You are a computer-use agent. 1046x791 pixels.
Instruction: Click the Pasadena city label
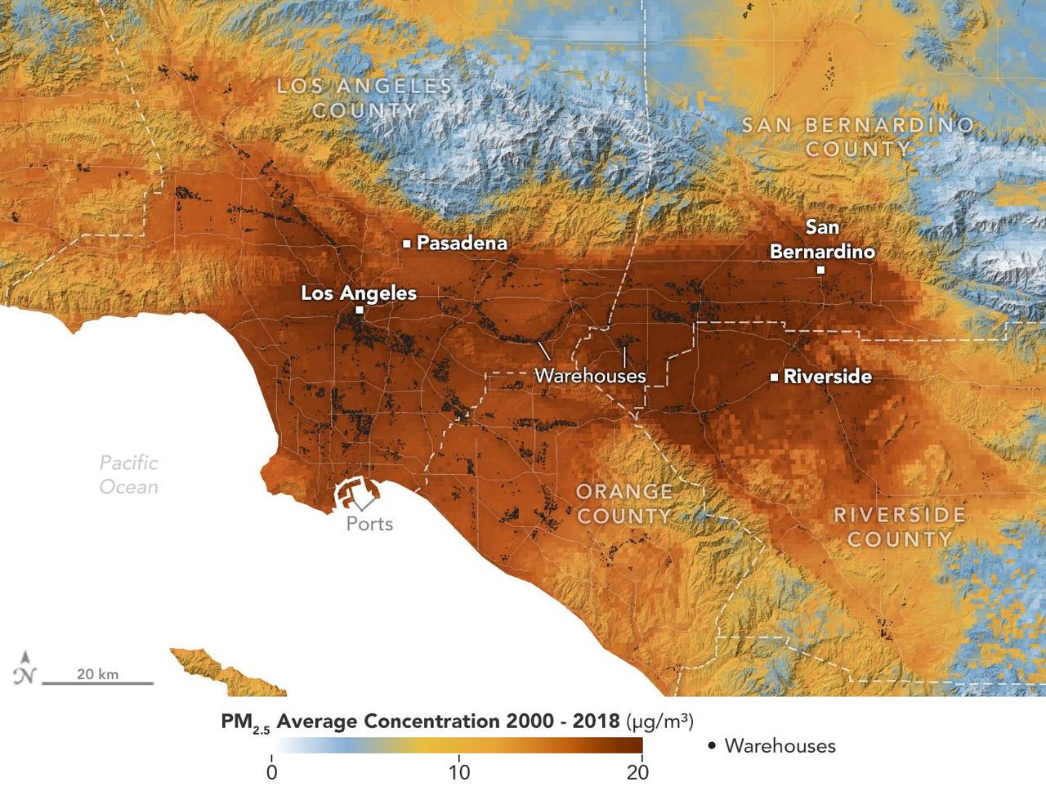462,243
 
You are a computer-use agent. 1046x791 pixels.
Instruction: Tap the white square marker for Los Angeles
360,311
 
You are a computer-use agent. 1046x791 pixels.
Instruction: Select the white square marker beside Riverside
774,377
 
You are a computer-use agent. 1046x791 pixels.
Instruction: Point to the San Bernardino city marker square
820,270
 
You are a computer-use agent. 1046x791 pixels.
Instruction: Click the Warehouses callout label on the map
590,376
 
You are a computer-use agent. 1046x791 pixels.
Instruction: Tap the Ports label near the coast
369,524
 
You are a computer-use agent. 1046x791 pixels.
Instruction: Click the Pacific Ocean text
128,475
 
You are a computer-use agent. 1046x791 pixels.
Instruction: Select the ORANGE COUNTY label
624,503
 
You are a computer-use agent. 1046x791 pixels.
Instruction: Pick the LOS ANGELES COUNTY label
364,97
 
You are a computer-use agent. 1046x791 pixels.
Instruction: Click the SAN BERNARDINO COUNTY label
857,136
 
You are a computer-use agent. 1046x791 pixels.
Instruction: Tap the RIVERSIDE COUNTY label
899,527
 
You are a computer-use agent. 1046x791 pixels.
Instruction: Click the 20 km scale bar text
97,674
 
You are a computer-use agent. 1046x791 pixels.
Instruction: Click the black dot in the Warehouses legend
712,746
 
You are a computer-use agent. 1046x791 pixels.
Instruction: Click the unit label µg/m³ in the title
660,722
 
